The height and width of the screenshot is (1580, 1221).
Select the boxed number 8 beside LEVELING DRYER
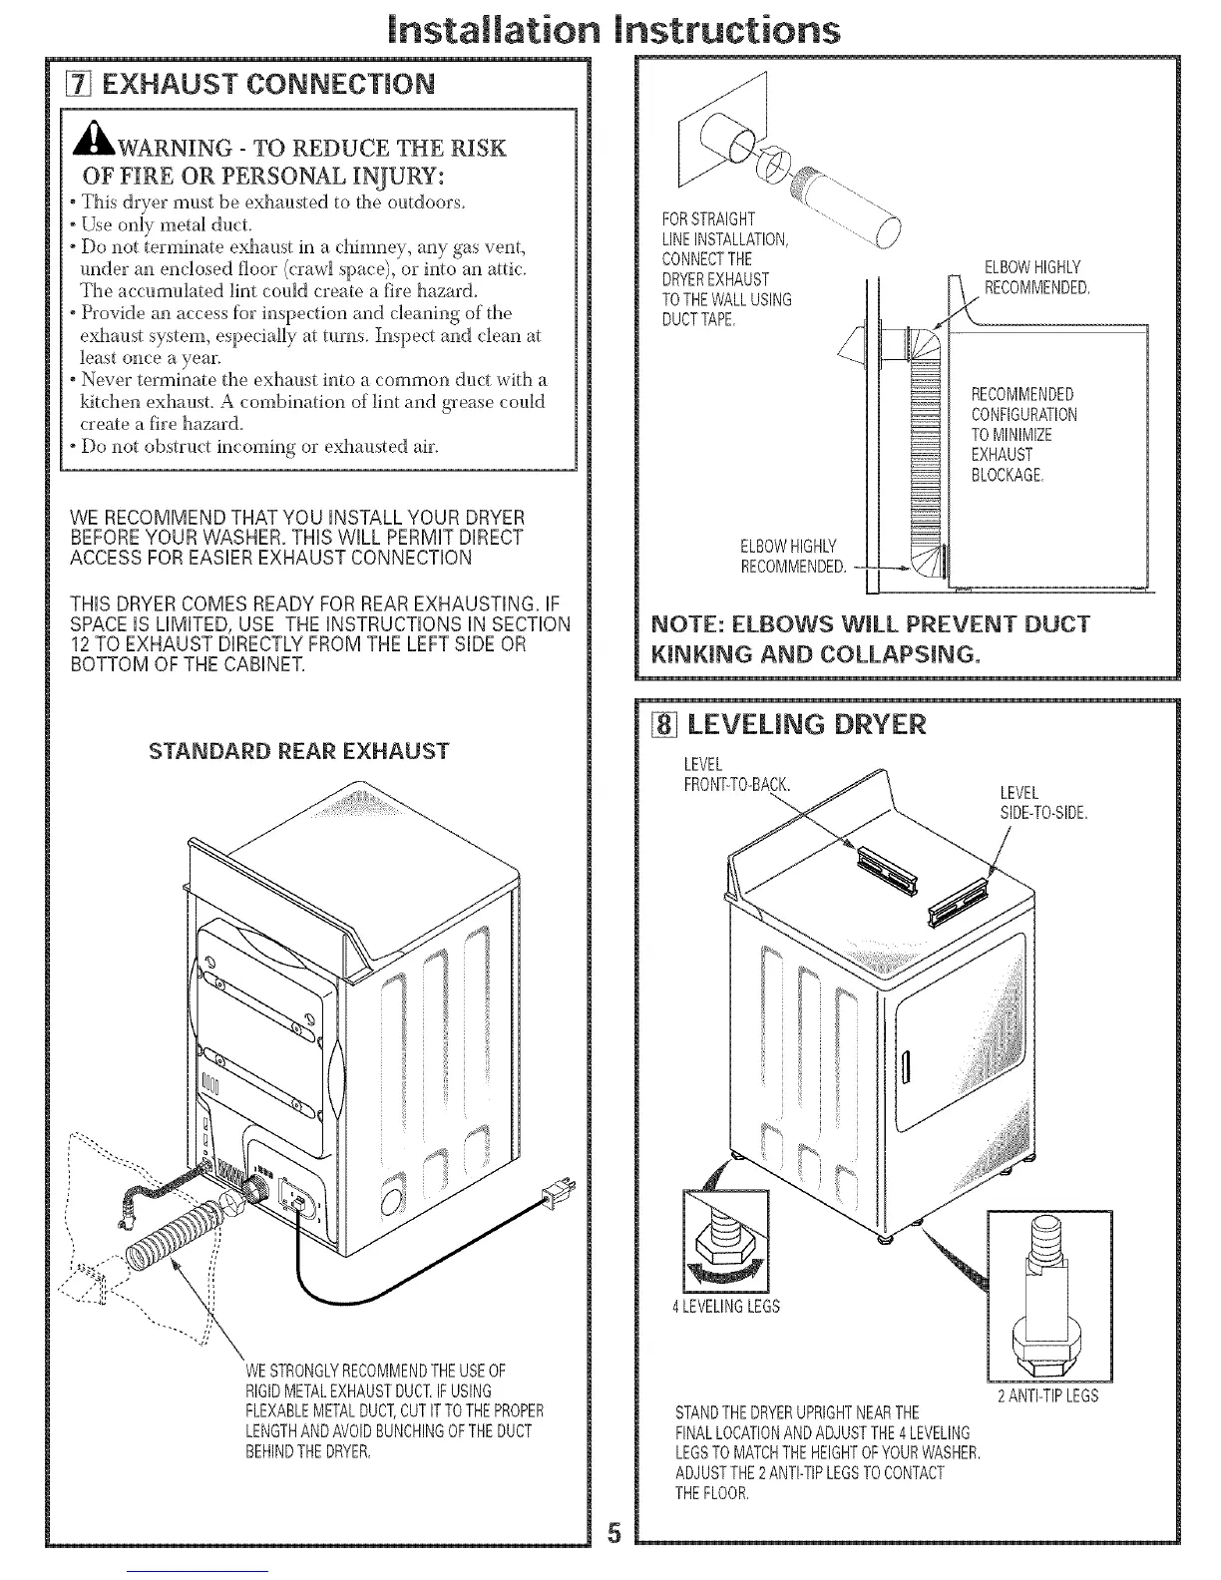point(657,725)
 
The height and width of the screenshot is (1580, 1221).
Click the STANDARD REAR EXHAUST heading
point(298,750)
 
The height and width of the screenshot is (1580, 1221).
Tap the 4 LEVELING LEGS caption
point(727,1306)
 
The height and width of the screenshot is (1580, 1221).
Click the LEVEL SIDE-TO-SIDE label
point(1042,803)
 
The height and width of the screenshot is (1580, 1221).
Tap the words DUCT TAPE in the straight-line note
point(697,319)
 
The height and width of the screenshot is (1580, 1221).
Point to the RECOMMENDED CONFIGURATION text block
point(1023,434)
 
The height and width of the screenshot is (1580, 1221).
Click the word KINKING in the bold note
point(698,654)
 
